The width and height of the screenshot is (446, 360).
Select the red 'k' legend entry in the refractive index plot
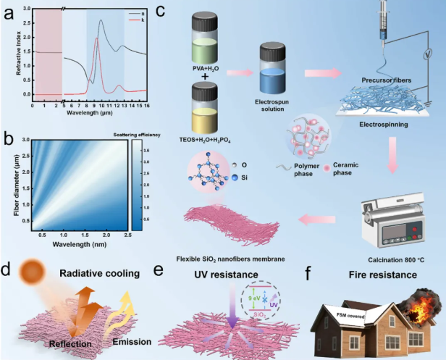coord(137,20)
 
